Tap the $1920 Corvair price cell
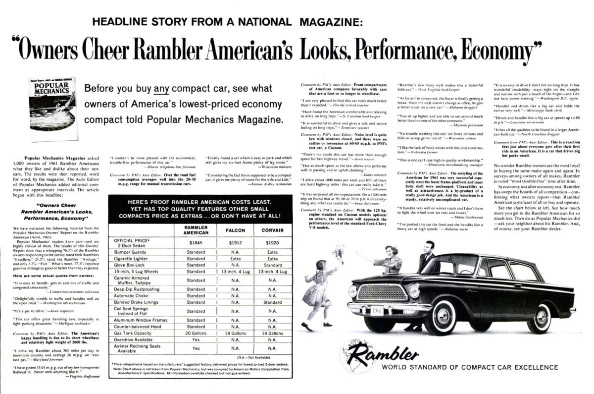[272, 243]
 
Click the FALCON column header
[235, 230]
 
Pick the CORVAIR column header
[272, 230]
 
